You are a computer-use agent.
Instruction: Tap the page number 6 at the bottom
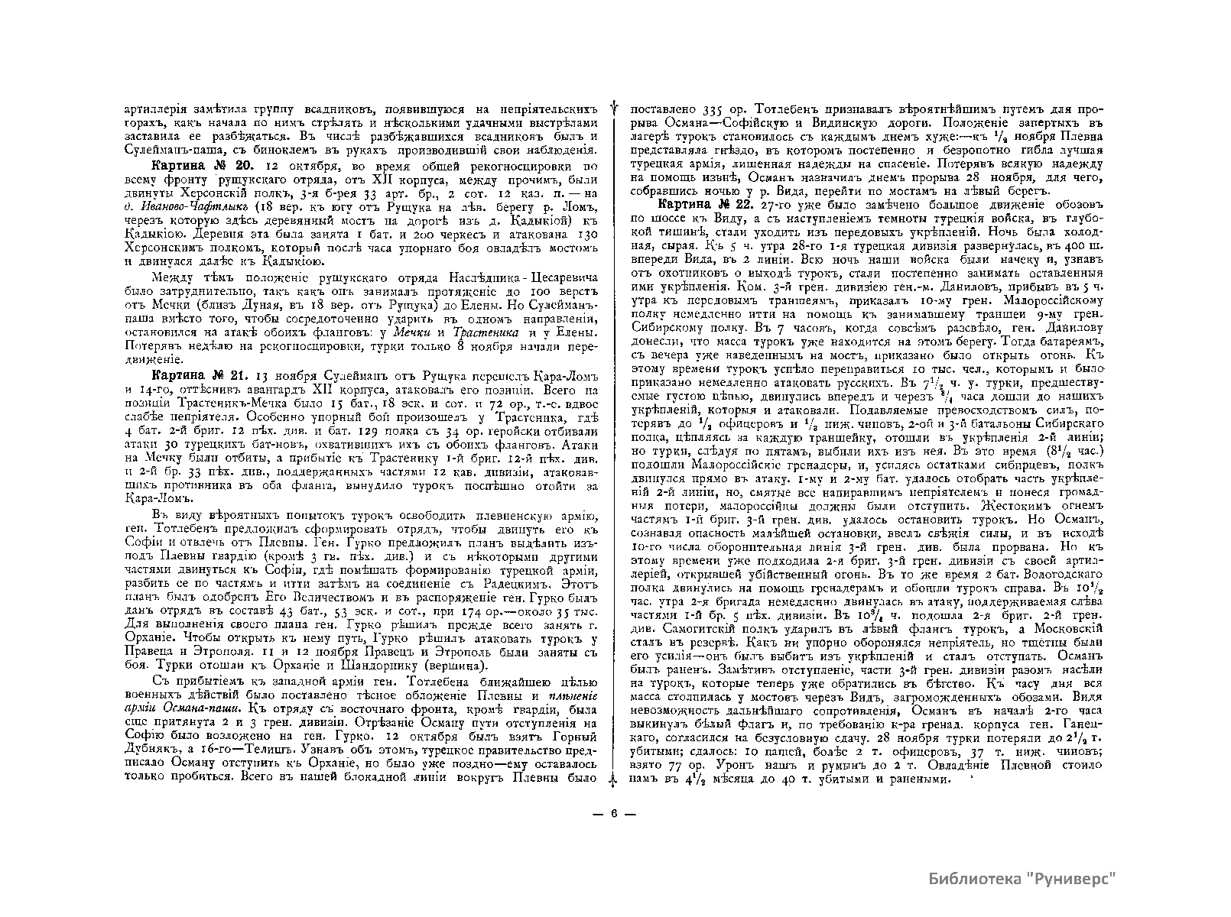pyautogui.click(x=614, y=813)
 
